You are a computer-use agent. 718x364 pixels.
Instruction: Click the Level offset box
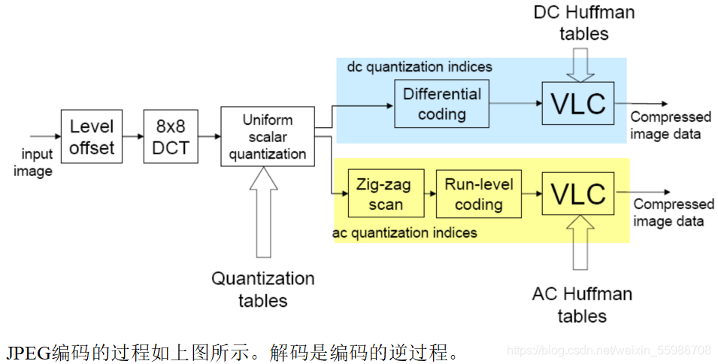tap(92, 137)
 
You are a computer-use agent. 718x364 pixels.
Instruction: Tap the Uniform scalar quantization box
tap(267, 137)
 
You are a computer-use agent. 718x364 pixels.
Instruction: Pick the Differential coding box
tap(441, 104)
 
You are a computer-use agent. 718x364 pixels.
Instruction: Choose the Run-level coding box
tap(478, 194)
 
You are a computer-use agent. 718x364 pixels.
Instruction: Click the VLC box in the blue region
tap(578, 104)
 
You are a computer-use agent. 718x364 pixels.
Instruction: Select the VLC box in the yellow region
tap(578, 194)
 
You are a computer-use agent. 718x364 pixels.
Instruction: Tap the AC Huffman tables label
tap(581, 305)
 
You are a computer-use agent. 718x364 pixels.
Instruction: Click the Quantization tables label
tap(263, 290)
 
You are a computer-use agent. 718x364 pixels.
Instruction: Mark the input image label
tap(33, 162)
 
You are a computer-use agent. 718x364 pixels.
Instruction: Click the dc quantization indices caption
tap(419, 67)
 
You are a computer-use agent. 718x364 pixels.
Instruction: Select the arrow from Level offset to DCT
tap(132, 136)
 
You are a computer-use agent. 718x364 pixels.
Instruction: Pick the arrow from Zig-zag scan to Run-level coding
tap(429, 193)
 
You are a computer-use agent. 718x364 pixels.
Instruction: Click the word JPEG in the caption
tap(29, 351)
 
